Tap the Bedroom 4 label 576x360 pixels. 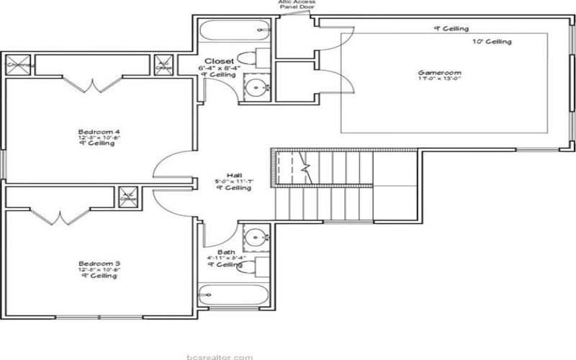click(x=99, y=132)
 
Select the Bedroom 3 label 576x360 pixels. click(x=99, y=265)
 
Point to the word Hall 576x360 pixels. click(x=233, y=175)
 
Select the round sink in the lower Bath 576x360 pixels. click(x=254, y=235)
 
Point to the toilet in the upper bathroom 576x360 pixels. click(x=248, y=58)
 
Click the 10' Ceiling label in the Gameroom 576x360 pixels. click(x=492, y=42)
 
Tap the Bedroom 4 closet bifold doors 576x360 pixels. click(x=89, y=86)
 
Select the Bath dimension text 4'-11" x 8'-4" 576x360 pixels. click(x=226, y=258)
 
